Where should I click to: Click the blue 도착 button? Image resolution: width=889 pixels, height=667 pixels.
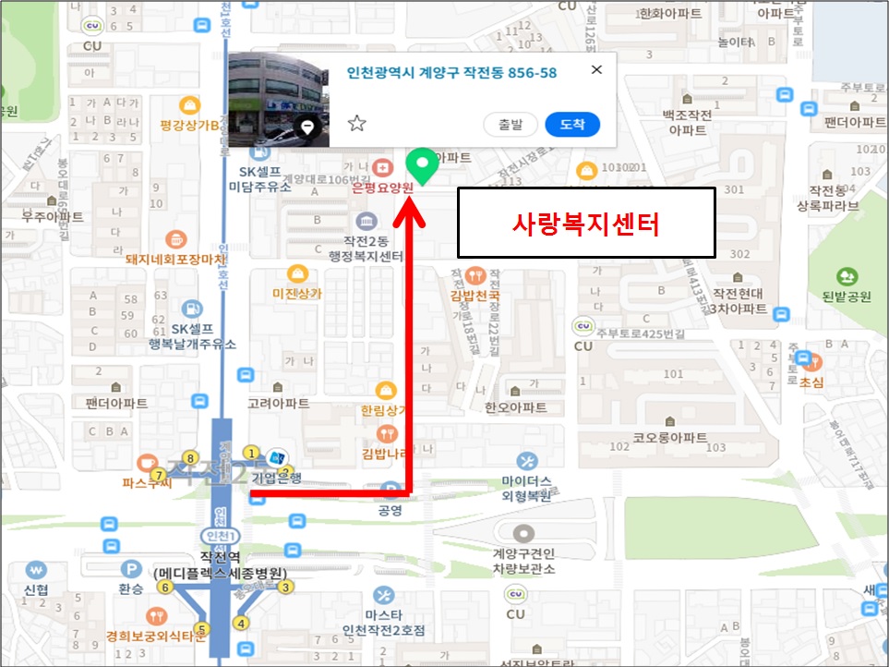click(572, 124)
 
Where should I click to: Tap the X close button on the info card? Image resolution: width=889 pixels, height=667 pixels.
click(596, 69)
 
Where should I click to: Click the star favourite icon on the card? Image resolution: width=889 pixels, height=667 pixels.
click(357, 124)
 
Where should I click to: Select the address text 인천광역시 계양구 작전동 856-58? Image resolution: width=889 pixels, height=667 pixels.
click(451, 72)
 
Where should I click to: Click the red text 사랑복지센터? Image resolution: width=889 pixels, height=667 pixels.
click(586, 223)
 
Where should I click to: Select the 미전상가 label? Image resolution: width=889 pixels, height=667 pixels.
click(297, 293)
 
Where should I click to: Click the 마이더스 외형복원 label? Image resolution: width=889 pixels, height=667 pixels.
click(526, 488)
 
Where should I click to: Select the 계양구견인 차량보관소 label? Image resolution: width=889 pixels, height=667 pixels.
click(523, 561)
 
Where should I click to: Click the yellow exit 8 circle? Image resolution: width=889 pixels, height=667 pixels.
click(190, 457)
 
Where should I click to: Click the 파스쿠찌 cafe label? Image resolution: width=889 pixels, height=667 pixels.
click(147, 482)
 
